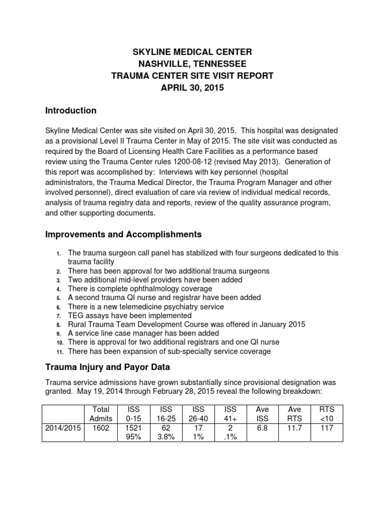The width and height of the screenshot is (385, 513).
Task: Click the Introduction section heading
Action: tap(71, 110)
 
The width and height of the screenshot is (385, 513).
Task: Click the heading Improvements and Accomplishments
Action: tap(123, 234)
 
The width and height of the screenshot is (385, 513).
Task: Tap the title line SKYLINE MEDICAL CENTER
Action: tap(192, 52)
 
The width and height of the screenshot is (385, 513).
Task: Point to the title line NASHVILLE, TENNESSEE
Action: tap(192, 64)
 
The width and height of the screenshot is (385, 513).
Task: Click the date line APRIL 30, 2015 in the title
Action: tap(192, 88)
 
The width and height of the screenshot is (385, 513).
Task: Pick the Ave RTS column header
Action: tap(294, 414)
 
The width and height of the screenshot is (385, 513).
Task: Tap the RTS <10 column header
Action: tap(326, 414)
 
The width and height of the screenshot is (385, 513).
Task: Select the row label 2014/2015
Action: tap(62, 427)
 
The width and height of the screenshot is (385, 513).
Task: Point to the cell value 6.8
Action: tap(262, 427)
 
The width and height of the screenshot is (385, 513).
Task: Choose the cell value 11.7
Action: tap(294, 427)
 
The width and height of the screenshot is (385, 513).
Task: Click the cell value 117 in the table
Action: tap(326, 427)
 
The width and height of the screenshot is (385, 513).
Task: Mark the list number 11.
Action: tap(59, 352)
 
